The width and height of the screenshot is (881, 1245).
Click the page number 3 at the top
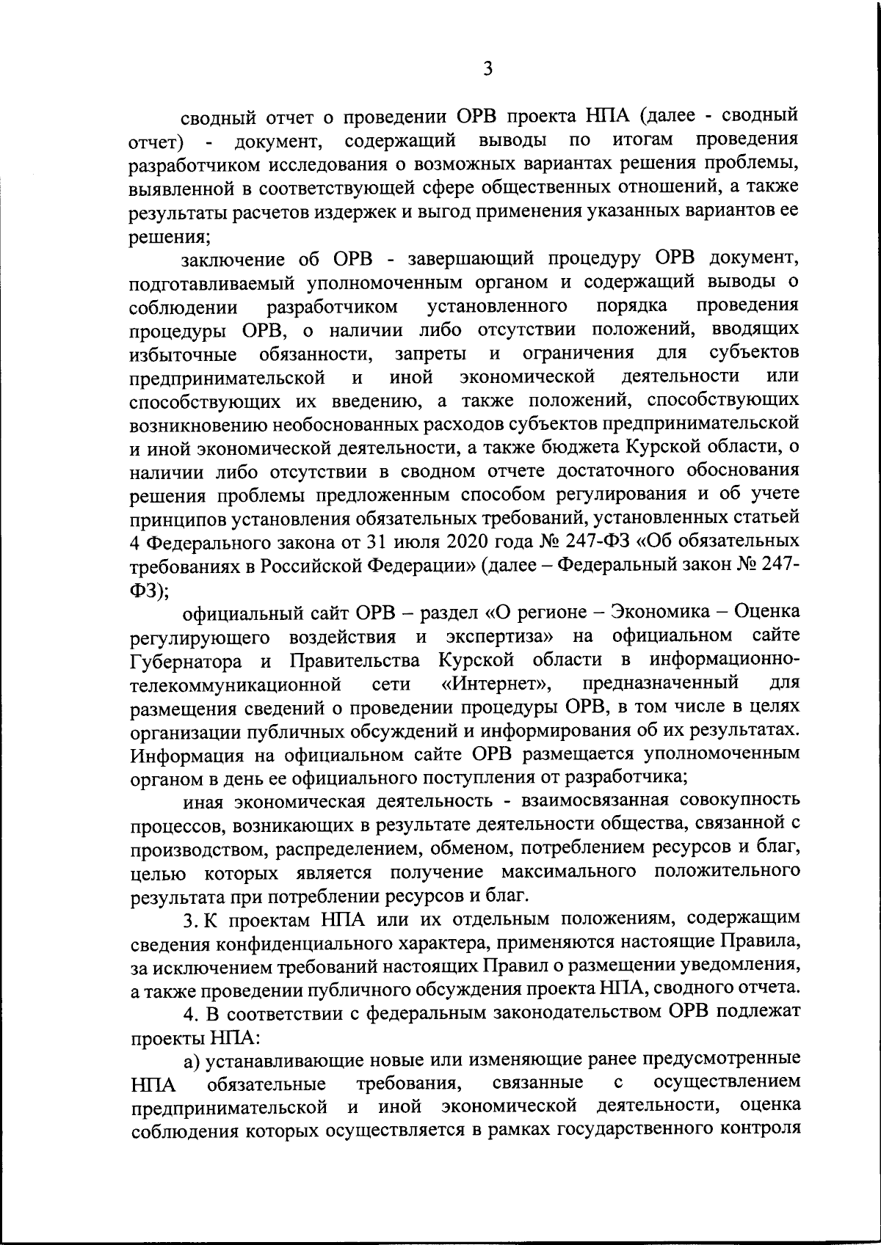pos(487,68)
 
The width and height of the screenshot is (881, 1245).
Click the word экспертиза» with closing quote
pos(499,636)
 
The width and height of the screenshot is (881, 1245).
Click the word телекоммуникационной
pos(236,684)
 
